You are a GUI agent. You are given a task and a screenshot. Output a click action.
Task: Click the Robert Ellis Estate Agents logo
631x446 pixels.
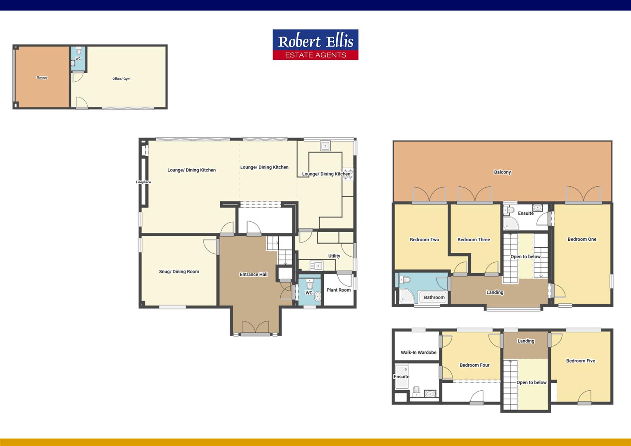[x=315, y=45]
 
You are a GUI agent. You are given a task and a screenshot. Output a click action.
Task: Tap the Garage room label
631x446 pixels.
[x=42, y=78]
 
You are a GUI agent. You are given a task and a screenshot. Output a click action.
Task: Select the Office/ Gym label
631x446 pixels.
[x=121, y=79]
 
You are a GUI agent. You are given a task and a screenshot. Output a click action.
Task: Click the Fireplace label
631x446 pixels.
[x=143, y=182]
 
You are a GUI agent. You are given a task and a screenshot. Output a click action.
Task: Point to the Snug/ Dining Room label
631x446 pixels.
[x=179, y=272]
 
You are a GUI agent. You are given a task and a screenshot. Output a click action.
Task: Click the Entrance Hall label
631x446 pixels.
[x=254, y=274]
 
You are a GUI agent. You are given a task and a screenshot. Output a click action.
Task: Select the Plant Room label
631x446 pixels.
[x=339, y=290]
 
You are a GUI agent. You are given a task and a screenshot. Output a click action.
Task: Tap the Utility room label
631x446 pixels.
[x=334, y=256]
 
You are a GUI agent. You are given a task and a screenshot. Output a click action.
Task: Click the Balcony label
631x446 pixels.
[x=503, y=172]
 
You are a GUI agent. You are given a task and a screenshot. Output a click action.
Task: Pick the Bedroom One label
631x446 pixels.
[x=582, y=239]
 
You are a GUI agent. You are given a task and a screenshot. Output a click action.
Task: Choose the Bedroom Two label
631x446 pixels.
[x=425, y=240]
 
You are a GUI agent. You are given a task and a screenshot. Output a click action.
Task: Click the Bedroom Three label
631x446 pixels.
[x=474, y=240]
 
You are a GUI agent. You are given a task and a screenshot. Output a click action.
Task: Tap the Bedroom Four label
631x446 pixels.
[x=474, y=365]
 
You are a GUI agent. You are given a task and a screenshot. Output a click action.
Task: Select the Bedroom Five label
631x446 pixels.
[x=581, y=361]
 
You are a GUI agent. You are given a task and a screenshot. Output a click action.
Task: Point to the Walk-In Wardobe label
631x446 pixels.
[x=418, y=353]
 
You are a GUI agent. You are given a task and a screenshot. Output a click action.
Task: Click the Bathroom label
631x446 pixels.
[x=434, y=297]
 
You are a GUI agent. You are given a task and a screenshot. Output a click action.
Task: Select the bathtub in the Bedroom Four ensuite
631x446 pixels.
[x=401, y=377]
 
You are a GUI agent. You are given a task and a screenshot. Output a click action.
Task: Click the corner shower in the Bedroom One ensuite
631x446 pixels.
[x=510, y=223]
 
